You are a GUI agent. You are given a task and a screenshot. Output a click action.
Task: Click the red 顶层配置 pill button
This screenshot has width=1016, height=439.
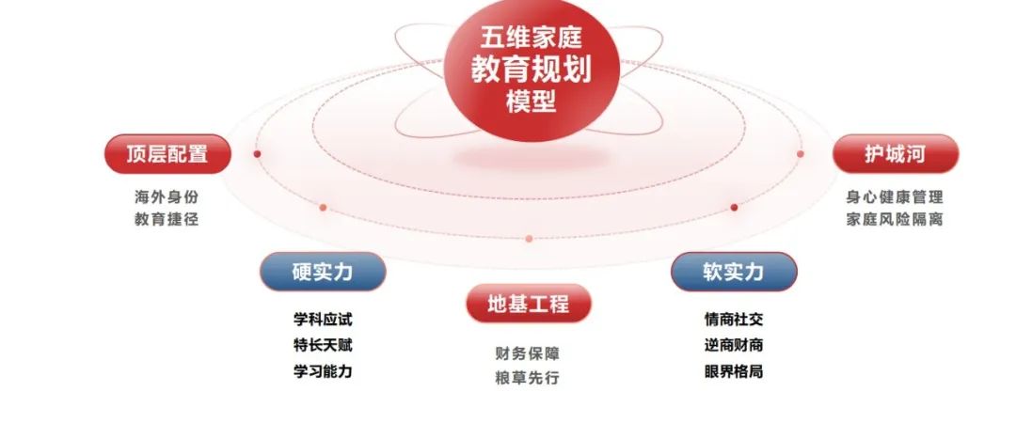167,154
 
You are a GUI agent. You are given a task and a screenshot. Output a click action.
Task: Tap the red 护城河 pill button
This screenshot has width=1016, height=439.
896,154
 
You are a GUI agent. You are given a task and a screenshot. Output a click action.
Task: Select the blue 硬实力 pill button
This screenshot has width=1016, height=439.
323,272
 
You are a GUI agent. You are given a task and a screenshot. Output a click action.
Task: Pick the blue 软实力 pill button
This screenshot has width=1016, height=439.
734,272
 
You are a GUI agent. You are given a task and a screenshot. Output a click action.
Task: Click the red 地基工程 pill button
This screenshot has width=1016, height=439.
529,303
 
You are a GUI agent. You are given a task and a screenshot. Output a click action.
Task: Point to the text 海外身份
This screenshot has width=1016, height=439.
167,196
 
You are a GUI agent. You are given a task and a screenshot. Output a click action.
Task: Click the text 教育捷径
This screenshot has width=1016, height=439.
167,220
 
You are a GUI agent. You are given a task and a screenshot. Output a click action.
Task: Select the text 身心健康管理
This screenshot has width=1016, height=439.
895,196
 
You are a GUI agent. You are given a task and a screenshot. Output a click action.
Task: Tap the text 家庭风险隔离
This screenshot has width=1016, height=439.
895,220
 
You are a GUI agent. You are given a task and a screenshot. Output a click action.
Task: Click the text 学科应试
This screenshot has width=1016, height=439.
323,320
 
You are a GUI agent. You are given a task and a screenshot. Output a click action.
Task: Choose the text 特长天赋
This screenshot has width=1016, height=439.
323,345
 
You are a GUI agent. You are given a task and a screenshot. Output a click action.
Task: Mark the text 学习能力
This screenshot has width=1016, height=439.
323,371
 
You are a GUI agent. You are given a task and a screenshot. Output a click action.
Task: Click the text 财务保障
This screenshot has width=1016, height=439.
528,353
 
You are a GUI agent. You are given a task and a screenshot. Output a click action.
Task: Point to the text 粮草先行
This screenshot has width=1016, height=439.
528,378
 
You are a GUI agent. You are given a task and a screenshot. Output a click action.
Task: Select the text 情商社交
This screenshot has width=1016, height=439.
734,320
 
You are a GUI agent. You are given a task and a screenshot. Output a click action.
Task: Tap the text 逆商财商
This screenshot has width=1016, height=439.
734,345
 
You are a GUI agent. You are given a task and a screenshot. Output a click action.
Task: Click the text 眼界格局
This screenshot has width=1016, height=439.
734,371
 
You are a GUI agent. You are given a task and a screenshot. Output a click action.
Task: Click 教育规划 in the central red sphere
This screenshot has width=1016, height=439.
532,70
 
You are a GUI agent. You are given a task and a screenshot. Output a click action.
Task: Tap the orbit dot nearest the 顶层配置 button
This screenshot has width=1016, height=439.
257,154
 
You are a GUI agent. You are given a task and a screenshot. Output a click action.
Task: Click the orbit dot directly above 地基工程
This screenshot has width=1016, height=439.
529,239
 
